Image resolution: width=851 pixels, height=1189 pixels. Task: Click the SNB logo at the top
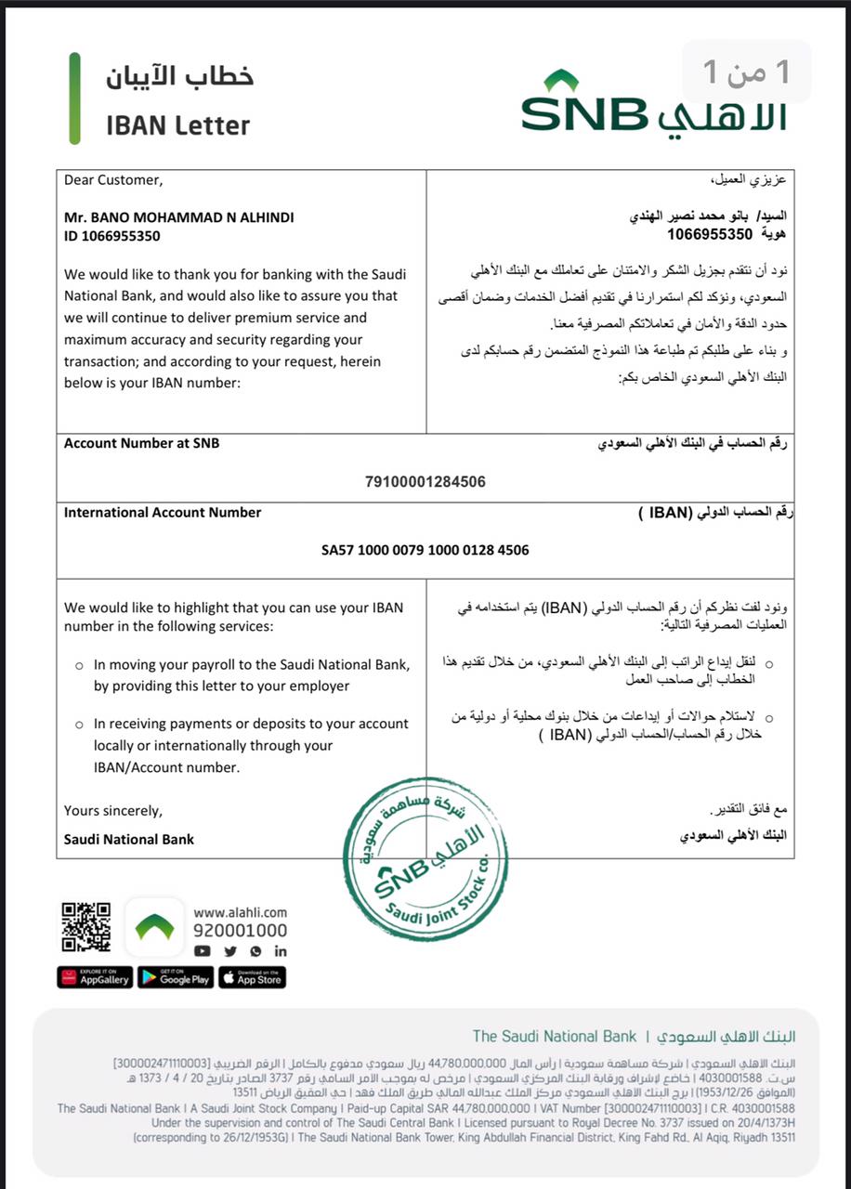pyautogui.click(x=653, y=105)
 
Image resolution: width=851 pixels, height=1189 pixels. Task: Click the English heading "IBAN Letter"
pyautogui.click(x=178, y=124)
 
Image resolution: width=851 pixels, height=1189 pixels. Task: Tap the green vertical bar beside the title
pyautogui.click(x=74, y=98)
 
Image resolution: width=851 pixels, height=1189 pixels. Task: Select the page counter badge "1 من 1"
pyautogui.click(x=747, y=72)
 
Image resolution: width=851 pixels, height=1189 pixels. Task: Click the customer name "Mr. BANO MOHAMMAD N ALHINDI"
pyautogui.click(x=178, y=217)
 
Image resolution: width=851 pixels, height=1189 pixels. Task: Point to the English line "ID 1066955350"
pyautogui.click(x=111, y=236)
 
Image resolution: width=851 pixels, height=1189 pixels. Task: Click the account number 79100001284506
pyautogui.click(x=425, y=481)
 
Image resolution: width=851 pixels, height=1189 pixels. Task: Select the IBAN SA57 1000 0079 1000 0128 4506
pyautogui.click(x=425, y=550)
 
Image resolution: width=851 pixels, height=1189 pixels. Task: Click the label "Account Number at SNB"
pyautogui.click(x=142, y=443)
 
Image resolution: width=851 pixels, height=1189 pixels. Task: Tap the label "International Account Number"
pyautogui.click(x=163, y=512)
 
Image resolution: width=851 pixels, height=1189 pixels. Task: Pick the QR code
pyautogui.click(x=86, y=926)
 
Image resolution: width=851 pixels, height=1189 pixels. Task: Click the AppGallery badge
pyautogui.click(x=95, y=977)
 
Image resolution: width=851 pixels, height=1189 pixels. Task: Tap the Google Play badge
pyautogui.click(x=175, y=977)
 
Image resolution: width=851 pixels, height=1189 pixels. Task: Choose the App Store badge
pyautogui.click(x=252, y=977)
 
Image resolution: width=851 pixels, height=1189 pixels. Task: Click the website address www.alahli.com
pyautogui.click(x=240, y=912)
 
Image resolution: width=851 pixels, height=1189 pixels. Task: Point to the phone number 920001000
pyautogui.click(x=240, y=931)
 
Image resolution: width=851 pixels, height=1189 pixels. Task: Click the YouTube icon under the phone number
pyautogui.click(x=203, y=951)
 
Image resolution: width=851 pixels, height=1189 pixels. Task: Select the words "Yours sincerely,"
pyautogui.click(x=112, y=810)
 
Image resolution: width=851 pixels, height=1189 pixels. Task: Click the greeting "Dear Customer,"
pyautogui.click(x=112, y=179)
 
